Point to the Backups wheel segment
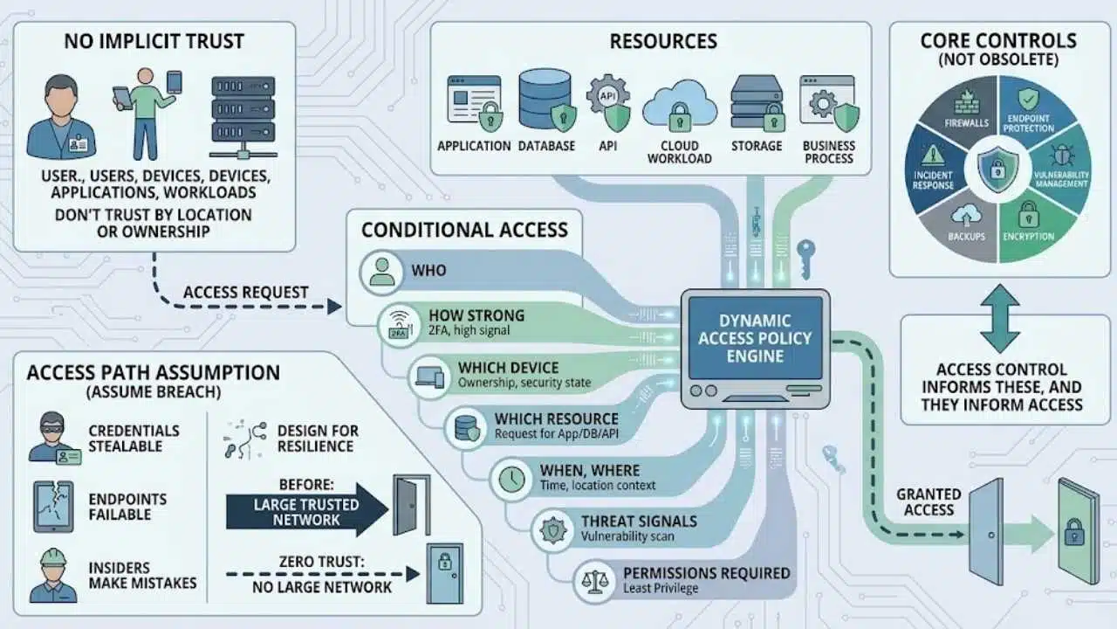pyautogui.click(x=965, y=227)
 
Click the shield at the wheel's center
pyautogui.click(x=997, y=169)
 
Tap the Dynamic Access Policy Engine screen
pyautogui.click(x=755, y=338)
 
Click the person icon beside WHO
pyautogui.click(x=382, y=272)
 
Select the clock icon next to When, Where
pyautogui.click(x=511, y=480)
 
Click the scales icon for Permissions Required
pyautogui.click(x=594, y=582)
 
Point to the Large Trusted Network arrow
pyautogui.click(x=306, y=510)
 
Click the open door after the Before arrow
pyautogui.click(x=411, y=505)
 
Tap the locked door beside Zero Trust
pyautogui.click(x=445, y=574)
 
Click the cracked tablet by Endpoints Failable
pyautogui.click(x=53, y=506)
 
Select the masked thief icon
pyautogui.click(x=54, y=438)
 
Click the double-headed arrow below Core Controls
pyautogui.click(x=1000, y=319)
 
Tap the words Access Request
pyautogui.click(x=246, y=292)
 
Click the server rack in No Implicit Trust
pyautogui.click(x=243, y=117)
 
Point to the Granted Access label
pyautogui.click(x=929, y=502)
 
